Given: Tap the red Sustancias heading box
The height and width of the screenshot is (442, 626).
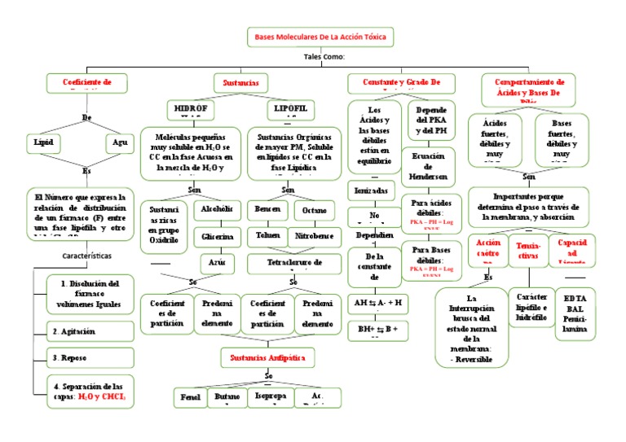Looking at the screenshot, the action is click(240, 83).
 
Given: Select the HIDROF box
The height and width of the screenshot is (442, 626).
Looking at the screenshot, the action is click(192, 108).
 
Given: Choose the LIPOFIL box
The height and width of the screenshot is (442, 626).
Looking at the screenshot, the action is click(291, 108).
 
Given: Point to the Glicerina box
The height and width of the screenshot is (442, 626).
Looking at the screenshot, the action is click(217, 237).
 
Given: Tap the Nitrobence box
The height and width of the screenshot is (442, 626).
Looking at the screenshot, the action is click(314, 237).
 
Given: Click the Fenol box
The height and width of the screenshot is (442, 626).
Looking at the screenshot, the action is click(192, 398).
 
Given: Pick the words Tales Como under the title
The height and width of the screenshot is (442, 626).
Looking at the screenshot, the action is click(324, 57).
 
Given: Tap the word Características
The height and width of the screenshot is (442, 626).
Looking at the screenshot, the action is click(87, 256).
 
